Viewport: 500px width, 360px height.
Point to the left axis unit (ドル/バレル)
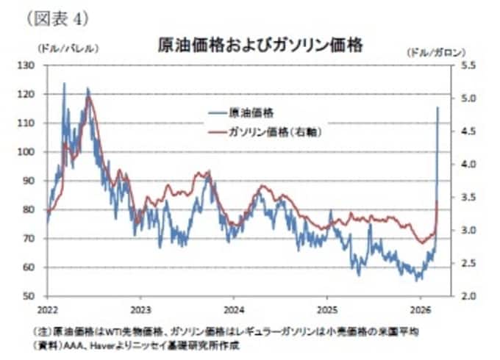pos(67,49)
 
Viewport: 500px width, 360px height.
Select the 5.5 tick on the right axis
pos(449,65)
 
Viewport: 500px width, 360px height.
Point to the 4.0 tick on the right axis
pos(449,164)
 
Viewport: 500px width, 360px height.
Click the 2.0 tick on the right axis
pos(449,296)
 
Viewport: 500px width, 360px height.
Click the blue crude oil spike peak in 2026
pos(438,107)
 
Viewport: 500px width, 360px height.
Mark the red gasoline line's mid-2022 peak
pos(89,98)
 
